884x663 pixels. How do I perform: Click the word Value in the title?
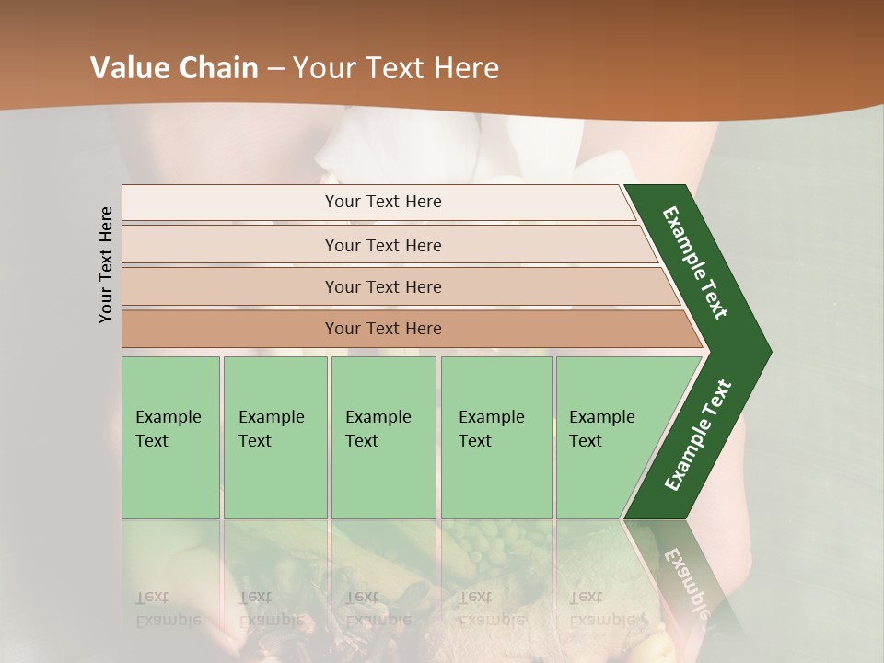tap(127, 68)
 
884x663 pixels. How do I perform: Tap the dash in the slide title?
tap(275, 69)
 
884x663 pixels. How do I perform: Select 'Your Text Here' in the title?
tap(395, 68)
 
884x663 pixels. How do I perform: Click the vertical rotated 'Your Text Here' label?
tap(106, 264)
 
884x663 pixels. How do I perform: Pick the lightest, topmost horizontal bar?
tap(383, 202)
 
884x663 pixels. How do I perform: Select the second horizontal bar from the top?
tap(383, 245)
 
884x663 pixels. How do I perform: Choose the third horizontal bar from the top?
tap(383, 286)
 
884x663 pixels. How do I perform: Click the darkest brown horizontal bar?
tap(383, 329)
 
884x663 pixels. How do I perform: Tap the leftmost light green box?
tap(170, 437)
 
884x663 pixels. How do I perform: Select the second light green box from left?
tap(275, 437)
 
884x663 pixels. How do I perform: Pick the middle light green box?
tap(383, 437)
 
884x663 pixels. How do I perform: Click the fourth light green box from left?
tap(496, 437)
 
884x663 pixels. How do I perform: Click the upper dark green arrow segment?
tap(696, 262)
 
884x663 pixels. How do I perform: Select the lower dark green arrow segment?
tap(698, 435)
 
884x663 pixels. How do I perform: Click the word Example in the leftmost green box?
tap(168, 417)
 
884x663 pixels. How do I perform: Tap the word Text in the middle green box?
tap(361, 441)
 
